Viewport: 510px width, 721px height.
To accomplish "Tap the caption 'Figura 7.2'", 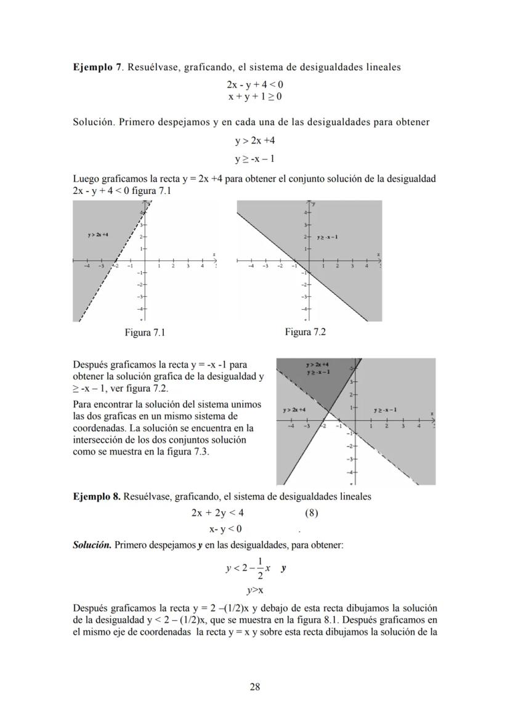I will click(305, 332).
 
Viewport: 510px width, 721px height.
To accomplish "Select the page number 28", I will click(254, 687).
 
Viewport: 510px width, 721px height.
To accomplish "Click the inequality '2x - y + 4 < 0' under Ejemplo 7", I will click(254, 84).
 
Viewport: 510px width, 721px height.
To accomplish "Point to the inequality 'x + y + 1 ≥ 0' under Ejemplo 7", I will click(254, 97).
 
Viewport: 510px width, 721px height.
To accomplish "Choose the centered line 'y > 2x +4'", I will click(254, 140).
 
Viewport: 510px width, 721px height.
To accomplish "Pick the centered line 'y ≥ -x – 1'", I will click(254, 159).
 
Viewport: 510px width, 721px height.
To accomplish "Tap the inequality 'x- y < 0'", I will click(225, 529).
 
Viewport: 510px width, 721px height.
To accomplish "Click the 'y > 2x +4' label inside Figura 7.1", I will click(99, 235).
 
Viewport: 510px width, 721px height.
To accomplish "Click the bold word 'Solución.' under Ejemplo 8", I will click(92, 545).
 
